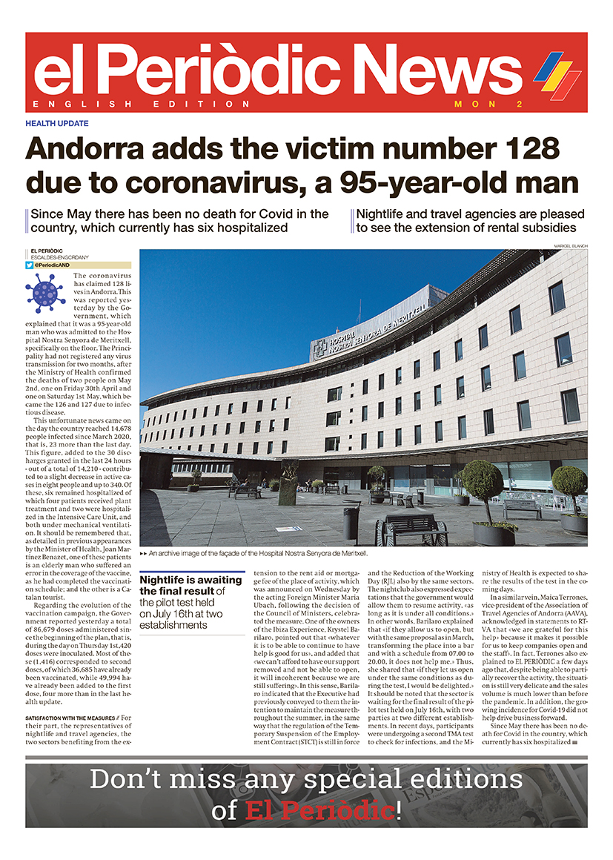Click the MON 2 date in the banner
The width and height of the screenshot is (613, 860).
488,104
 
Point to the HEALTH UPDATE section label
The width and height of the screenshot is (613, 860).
57,123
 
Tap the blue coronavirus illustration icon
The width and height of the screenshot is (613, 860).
45,293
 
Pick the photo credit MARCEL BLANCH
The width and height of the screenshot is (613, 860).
570,246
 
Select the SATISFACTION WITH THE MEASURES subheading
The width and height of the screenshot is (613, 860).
70,718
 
